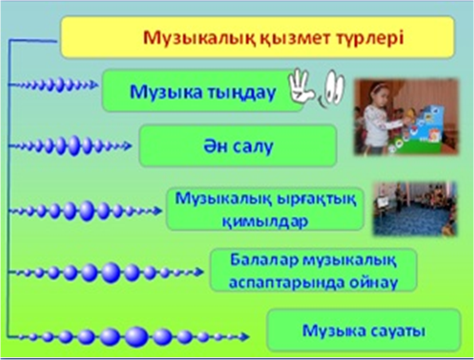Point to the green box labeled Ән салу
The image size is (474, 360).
tap(237, 146)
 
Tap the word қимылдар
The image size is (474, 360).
tap(265, 222)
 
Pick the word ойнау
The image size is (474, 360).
tap(374, 283)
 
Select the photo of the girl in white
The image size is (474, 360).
tap(406, 117)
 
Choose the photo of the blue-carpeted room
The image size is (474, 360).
tap(415, 208)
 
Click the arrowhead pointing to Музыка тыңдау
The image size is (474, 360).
tap(94, 85)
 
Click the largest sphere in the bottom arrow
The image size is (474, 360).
tap(137, 336)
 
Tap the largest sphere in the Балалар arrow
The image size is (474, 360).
tap(111, 273)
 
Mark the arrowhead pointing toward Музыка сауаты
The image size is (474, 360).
tap(245, 336)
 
